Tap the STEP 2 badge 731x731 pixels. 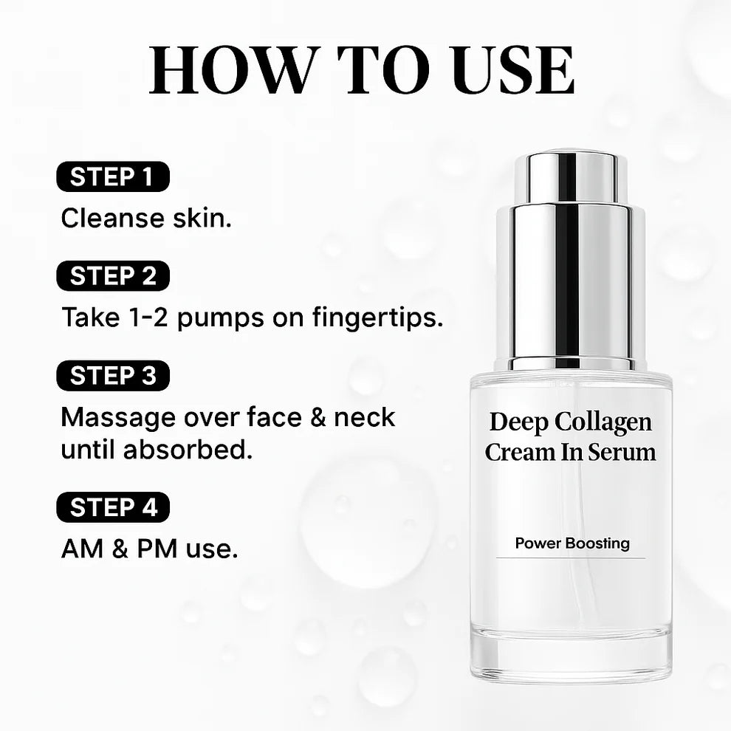point(113,276)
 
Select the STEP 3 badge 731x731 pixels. point(113,376)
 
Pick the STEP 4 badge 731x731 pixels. point(113,508)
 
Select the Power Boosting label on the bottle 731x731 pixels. point(572,543)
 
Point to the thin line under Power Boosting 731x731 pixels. point(570,558)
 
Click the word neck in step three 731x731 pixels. point(364,417)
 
